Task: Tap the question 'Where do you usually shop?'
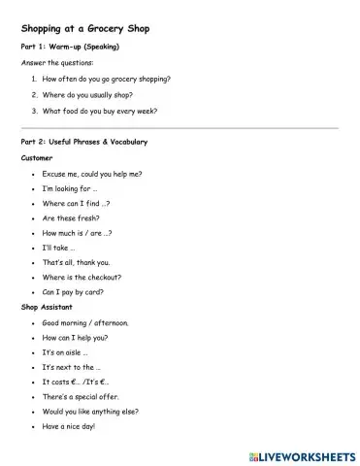pyautogui.click(x=86, y=94)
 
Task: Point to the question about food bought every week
pyautogui.click(x=100, y=111)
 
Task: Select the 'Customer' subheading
pyautogui.click(x=37, y=157)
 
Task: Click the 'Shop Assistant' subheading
pyautogui.click(x=46, y=307)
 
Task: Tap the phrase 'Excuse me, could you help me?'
pyautogui.click(x=92, y=174)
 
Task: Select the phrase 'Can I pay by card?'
pyautogui.click(x=74, y=291)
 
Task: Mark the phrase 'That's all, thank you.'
pyautogui.click(x=77, y=262)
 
